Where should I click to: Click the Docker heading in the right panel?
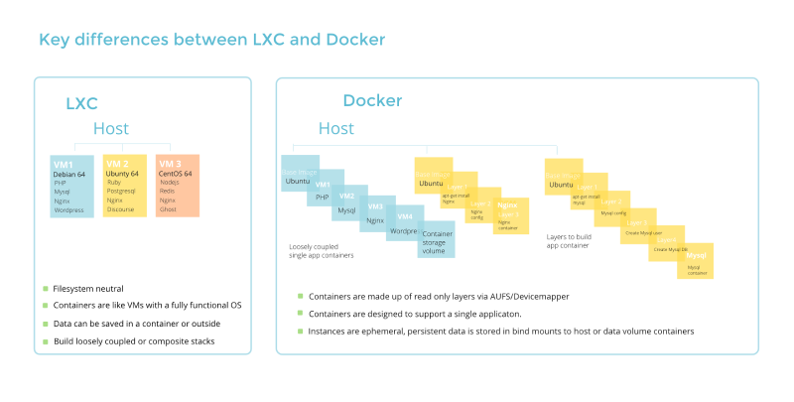[x=373, y=101]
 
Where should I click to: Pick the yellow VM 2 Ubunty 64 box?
[x=125, y=186]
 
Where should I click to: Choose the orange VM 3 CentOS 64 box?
[x=178, y=186]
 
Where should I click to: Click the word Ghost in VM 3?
[x=168, y=209]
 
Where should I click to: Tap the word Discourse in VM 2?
[x=121, y=209]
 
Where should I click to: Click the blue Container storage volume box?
[x=437, y=241]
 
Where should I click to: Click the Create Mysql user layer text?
[x=643, y=234]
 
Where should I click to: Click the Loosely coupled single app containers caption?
[x=322, y=251]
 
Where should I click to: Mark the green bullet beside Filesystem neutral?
[x=45, y=289]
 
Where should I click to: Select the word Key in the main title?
[x=55, y=40]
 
